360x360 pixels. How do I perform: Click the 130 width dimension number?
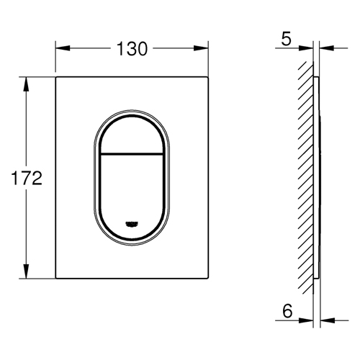click(x=132, y=49)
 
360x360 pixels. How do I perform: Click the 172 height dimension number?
click(x=27, y=178)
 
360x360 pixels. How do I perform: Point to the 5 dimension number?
click(x=286, y=39)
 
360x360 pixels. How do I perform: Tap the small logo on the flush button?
click(x=132, y=224)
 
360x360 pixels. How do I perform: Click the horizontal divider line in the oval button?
click(x=132, y=153)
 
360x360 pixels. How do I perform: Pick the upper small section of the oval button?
click(x=132, y=135)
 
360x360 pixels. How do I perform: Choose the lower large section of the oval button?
click(x=132, y=192)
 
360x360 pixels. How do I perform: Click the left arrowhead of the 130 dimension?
click(x=63, y=48)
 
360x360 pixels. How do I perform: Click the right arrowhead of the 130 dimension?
click(x=201, y=48)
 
